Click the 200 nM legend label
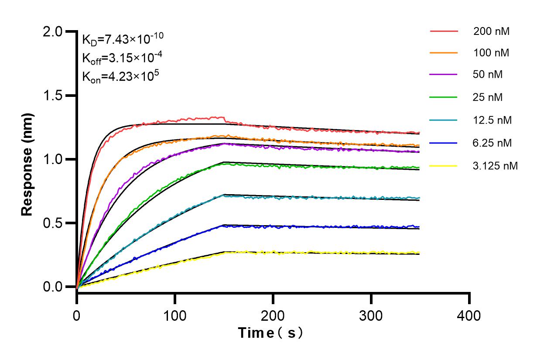tap(491, 31)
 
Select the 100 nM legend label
tap(491, 53)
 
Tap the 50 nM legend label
tap(488, 74)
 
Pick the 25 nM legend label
tap(488, 97)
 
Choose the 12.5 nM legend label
tap(493, 120)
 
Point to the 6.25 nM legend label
tap(493, 143)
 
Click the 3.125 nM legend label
tap(496, 166)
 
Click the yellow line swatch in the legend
tap(444, 166)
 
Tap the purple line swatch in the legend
tap(444, 75)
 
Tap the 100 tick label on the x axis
tap(175, 315)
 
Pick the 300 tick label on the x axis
tap(371, 315)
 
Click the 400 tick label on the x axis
tap(469, 315)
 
